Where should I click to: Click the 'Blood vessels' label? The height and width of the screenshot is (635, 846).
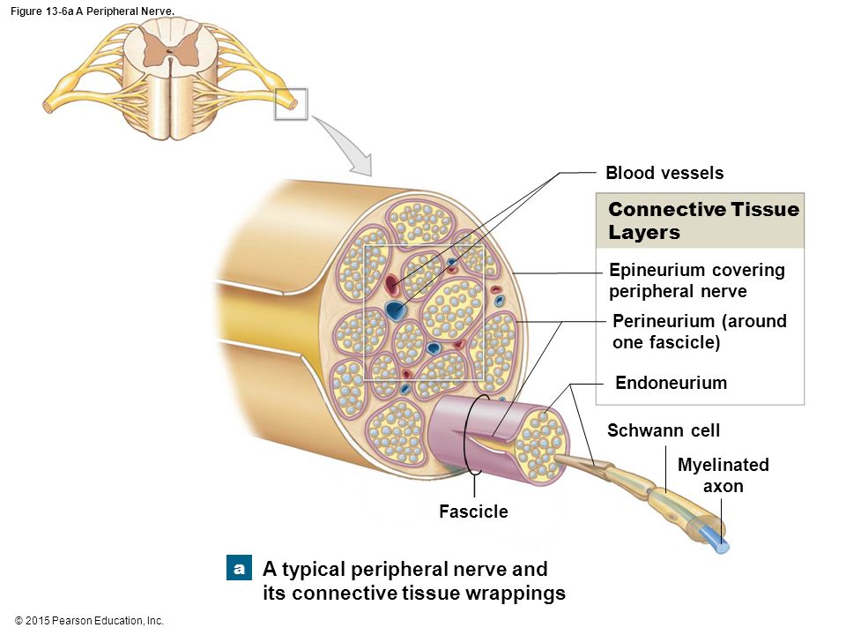pos(664,173)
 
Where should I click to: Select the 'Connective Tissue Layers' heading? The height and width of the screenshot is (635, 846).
pos(703,220)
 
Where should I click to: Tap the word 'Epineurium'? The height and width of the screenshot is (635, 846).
pos(657,270)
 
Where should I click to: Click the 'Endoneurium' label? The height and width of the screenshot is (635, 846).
pos(672,382)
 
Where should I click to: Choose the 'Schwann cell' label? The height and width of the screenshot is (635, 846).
pos(663,430)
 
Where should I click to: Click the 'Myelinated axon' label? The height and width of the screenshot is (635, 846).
pos(723,475)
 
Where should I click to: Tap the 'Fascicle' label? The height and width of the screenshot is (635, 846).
pos(473,512)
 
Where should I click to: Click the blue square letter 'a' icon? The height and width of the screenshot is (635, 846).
pos(239,568)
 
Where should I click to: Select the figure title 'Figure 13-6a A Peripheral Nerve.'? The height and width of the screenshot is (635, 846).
pos(93,11)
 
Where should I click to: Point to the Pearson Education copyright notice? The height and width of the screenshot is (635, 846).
pos(89,621)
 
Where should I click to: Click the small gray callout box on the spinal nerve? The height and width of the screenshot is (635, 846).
pos(291,104)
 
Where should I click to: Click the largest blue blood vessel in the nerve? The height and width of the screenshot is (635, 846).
pos(397,310)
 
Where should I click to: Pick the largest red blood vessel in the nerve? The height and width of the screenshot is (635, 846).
pos(391,285)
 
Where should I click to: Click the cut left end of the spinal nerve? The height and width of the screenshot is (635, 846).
pos(48,106)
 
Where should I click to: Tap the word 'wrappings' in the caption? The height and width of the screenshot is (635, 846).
pos(516,593)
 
